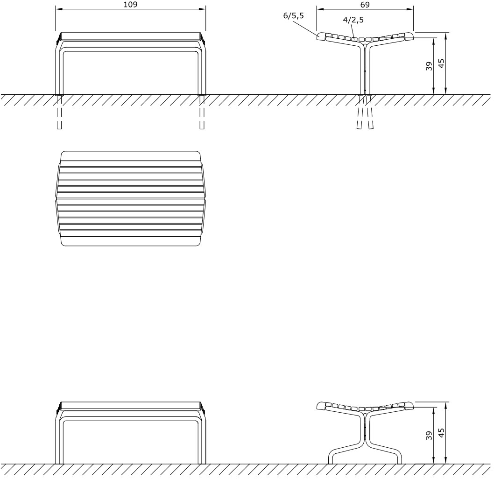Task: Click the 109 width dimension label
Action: click(131, 5)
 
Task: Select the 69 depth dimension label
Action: click(365, 5)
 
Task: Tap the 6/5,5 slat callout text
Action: click(293, 15)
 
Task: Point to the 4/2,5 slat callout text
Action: click(353, 20)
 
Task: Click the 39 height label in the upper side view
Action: click(429, 66)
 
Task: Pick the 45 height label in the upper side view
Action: click(441, 63)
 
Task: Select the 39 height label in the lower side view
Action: click(429, 435)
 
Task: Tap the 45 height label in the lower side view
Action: click(441, 433)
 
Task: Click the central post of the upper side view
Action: click(364, 70)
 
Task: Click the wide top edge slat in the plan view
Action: click(131, 155)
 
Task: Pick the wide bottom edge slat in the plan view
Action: click(131, 241)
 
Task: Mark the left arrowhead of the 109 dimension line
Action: click(58, 8)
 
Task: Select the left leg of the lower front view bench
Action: click(59, 439)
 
